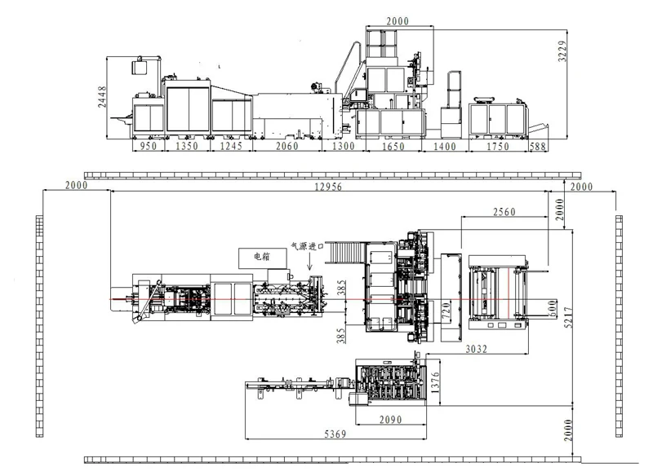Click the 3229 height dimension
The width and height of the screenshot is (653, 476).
coord(562,51)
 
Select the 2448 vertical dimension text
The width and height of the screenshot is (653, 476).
coord(102,97)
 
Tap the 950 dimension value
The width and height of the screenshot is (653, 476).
coord(149,146)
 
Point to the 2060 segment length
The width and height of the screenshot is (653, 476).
coord(287,146)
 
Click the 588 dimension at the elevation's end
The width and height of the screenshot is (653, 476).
coord(538,147)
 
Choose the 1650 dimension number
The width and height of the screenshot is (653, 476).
coord(393,147)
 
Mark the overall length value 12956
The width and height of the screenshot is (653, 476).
coord(328,187)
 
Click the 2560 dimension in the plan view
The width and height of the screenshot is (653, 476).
coord(504,212)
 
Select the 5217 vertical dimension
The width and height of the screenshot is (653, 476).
coord(568,317)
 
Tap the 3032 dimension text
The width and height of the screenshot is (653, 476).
coord(476,349)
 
